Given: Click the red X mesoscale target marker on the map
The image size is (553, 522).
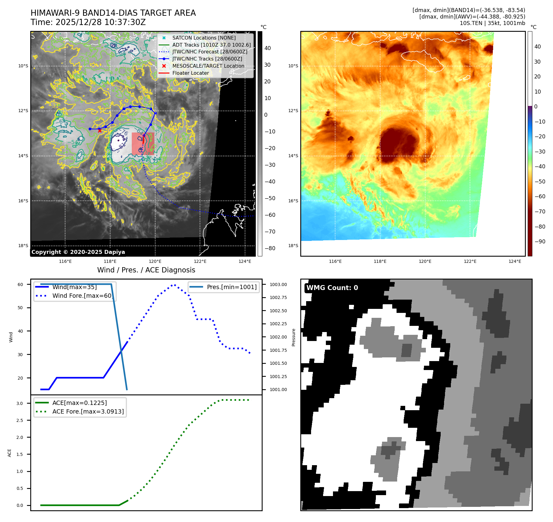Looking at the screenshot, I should tap(100, 131).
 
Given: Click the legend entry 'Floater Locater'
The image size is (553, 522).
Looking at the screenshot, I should tap(190, 73).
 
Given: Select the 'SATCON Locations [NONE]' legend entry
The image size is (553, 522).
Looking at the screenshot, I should tap(204, 38).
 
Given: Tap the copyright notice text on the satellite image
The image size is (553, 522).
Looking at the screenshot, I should tap(78, 252).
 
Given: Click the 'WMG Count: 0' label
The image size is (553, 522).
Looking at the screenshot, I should tap(332, 288).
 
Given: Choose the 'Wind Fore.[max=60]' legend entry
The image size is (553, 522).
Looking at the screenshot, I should tap(82, 296).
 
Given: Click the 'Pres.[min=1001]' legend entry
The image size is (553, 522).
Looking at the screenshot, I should tap(231, 287).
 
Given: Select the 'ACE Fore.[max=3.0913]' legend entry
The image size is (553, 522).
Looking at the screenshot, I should tap(88, 411).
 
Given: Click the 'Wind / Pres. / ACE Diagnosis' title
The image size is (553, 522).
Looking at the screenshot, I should tap(146, 270).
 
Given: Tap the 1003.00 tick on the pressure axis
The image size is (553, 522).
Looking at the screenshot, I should tap(278, 284).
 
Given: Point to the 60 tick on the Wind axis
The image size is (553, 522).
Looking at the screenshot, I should tap(20, 284).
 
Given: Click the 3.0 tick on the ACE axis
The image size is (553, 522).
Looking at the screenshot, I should tap(20, 403).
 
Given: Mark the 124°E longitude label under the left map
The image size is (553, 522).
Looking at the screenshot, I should tap(245, 262).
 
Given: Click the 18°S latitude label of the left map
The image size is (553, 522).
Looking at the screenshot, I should tap(23, 246).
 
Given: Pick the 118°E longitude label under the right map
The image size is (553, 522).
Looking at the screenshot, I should tap(380, 262).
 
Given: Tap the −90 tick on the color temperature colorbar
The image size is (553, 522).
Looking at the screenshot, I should tap(540, 242).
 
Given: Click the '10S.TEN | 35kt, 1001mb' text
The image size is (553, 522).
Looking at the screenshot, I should tap(492, 23).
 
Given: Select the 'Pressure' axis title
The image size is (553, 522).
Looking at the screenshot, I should tap(294, 337).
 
